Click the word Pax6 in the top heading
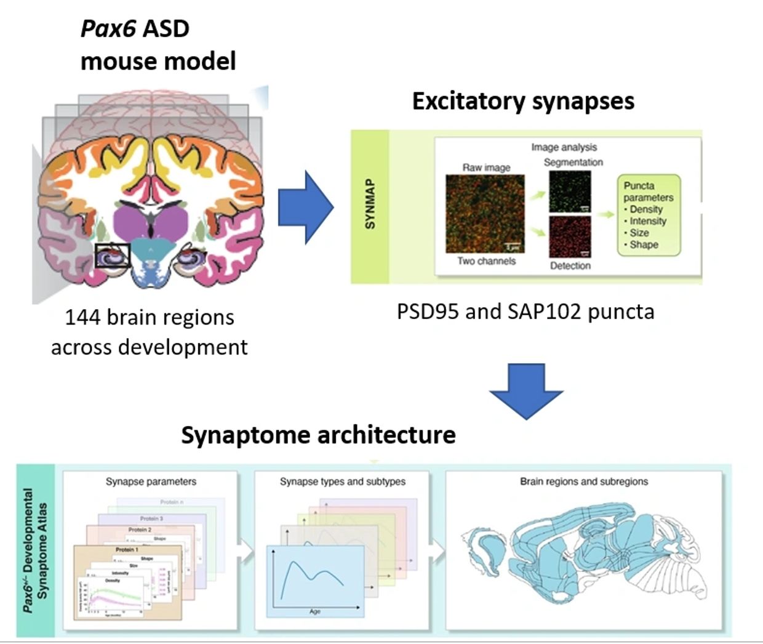coord(108,29)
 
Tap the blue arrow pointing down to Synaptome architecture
coord(526,390)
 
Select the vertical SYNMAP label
coord(370,204)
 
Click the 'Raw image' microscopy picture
coord(485,214)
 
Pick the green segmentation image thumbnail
coord(570,191)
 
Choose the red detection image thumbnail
coord(570,236)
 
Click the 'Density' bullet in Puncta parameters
coord(645,209)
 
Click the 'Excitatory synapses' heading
coord(523,101)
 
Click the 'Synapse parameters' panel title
coord(151,481)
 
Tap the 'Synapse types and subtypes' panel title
coord(343,481)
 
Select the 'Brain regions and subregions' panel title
coord(584,481)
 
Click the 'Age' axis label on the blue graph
coord(315,611)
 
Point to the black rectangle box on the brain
coord(113,255)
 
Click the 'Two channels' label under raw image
coord(486,261)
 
